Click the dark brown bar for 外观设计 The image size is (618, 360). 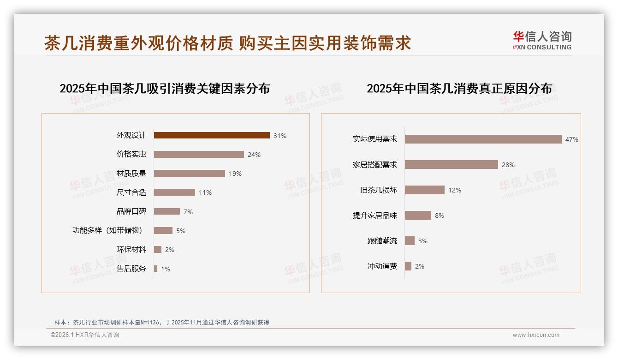pos(212,135)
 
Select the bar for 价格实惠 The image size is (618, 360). pos(199,154)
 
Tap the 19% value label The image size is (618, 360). pos(235,174)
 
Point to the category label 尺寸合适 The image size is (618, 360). pos(131,192)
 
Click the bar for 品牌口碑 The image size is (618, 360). pos(167,211)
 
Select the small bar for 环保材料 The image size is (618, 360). pos(158,250)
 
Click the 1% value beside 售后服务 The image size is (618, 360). pos(166,269)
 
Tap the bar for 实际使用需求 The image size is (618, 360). pos(483,139)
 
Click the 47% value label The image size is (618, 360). pos(572,139)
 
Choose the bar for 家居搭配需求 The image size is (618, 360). pos(452,164)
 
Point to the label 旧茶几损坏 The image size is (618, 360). pos(379,190)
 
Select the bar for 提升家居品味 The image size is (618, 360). pos(418,215)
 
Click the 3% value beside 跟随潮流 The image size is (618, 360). pos(423,241)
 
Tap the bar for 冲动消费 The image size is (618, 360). pos(408,266)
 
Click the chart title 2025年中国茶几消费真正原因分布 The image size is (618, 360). pos(459,89)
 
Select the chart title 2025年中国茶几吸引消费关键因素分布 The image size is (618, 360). pos(165,89)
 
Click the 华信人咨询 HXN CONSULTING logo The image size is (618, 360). pos(542,41)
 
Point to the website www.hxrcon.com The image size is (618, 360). pos(536,335)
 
